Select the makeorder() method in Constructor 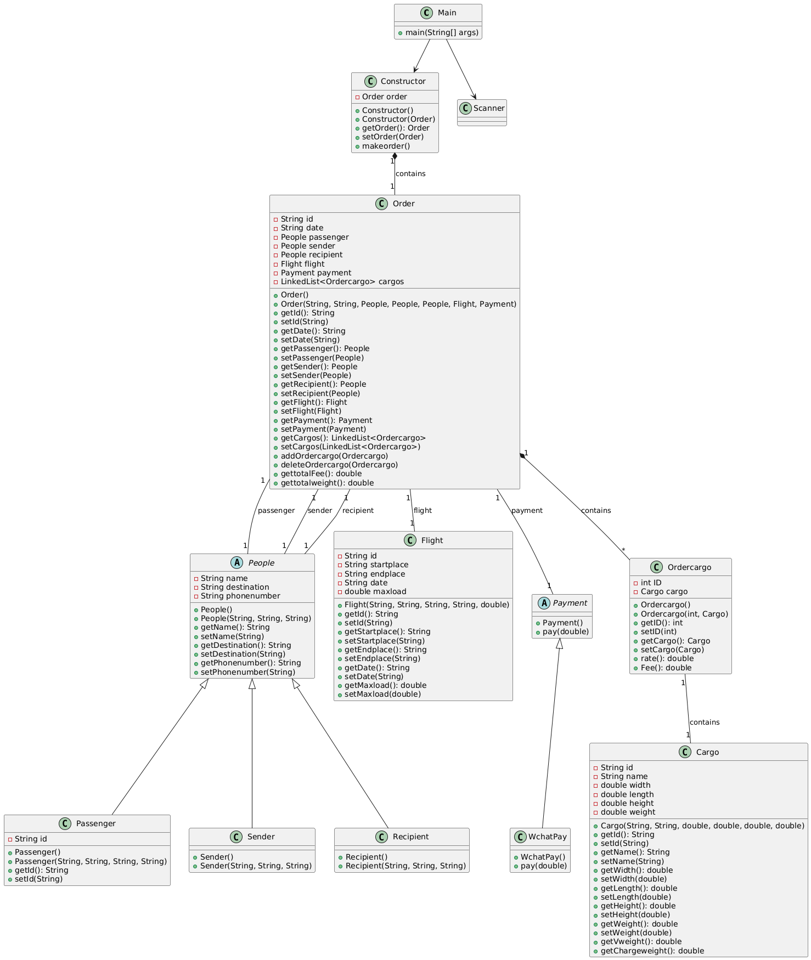pyautogui.click(x=385, y=146)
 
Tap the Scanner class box pyautogui.click(x=482, y=112)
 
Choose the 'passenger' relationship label pyautogui.click(x=276, y=511)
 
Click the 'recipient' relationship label pyautogui.click(x=358, y=511)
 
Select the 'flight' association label pyautogui.click(x=423, y=511)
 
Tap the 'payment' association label pyautogui.click(x=527, y=511)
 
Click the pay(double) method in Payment pyautogui.click(x=566, y=631)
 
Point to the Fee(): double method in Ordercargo pyautogui.click(x=666, y=668)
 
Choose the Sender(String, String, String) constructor pyautogui.click(x=255, y=866)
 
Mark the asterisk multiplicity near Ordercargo pyautogui.click(x=623, y=550)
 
